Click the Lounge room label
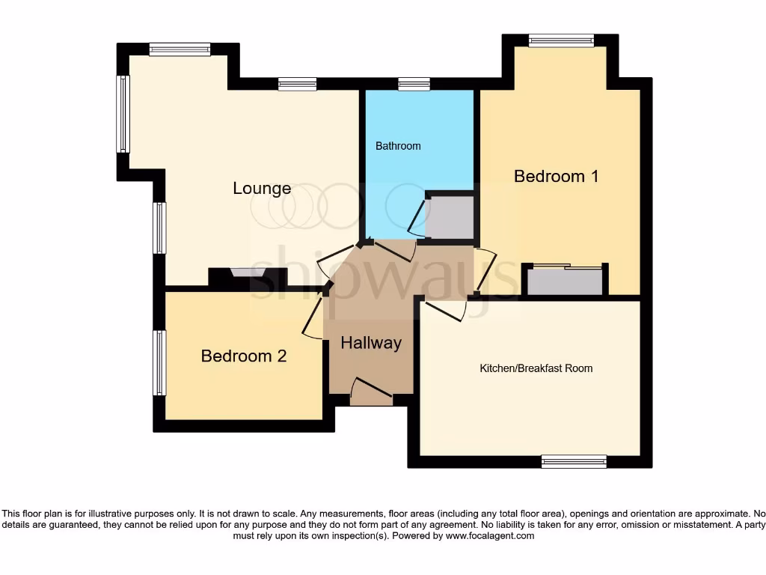coord(262,188)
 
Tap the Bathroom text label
coord(398,146)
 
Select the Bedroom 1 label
coord(557,177)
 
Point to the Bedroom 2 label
coord(244,356)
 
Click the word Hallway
coord(371,343)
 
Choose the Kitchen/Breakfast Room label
coord(536,368)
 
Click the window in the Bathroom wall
coord(414,84)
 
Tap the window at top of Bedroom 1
coord(561,41)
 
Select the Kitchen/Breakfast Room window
coord(574,461)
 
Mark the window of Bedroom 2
coord(159,363)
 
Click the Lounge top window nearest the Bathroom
coord(297,84)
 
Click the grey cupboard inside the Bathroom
coord(449,217)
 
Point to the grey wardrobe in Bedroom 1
coord(566,282)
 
